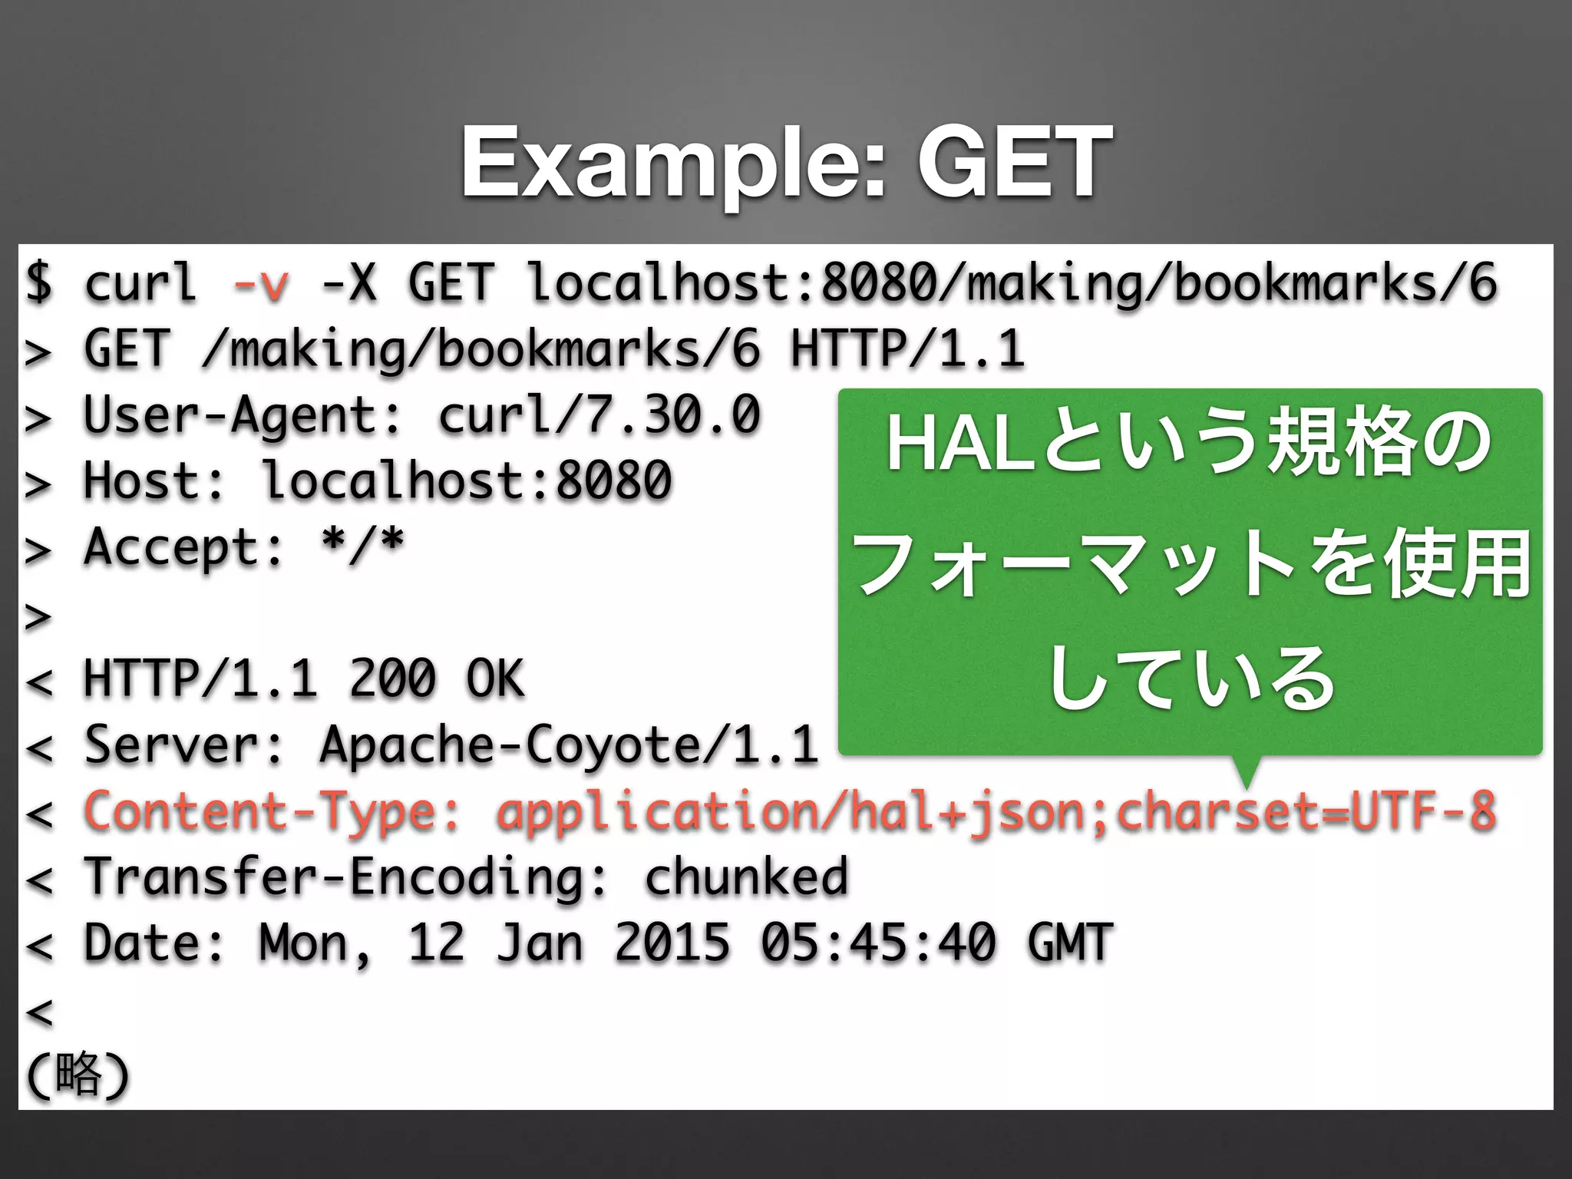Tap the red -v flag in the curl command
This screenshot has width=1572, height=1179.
(x=261, y=283)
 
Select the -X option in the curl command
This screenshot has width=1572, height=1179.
(x=349, y=282)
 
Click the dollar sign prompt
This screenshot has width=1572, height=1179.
(x=38, y=282)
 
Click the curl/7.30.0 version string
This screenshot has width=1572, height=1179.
(x=599, y=415)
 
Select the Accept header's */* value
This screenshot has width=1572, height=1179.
(x=362, y=547)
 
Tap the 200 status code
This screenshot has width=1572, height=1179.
(x=392, y=679)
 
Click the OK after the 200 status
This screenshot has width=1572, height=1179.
(x=495, y=679)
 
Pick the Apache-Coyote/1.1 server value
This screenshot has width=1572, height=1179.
(x=569, y=745)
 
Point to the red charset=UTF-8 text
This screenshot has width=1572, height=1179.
(x=1306, y=811)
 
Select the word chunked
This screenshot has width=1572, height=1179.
(x=746, y=877)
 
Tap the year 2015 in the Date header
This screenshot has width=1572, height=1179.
(x=672, y=943)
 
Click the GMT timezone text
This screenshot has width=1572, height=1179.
(x=1070, y=943)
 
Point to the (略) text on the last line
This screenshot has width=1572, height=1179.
(x=78, y=1074)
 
